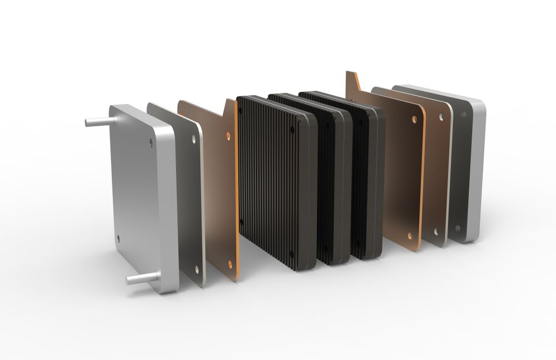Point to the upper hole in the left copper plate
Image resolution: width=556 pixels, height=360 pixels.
point(227,135)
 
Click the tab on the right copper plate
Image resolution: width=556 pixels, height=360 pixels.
point(352,81)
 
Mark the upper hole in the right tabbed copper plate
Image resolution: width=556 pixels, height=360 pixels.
point(414,119)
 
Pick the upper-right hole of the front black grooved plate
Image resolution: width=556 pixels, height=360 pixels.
point(292,130)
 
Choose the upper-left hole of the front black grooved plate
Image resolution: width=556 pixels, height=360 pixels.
point(240,111)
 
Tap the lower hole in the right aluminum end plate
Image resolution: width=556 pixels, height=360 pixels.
point(458,227)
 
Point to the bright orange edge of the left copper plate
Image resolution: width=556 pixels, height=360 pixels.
point(237,189)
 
